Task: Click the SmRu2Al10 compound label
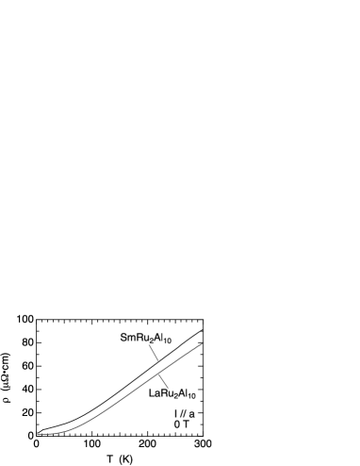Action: [146, 338]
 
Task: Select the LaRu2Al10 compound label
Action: [172, 393]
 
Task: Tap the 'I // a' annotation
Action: [185, 414]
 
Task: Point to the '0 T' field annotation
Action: [183, 425]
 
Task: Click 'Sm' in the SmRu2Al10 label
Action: [127, 337]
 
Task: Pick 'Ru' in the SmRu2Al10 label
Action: [141, 337]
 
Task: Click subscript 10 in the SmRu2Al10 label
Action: [168, 341]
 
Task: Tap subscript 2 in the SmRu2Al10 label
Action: [151, 341]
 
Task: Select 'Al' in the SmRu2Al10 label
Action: [158, 337]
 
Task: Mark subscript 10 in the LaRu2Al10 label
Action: [191, 397]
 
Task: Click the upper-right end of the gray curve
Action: [202, 343]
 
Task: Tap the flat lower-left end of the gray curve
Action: [40, 434]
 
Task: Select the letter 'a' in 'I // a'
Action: [192, 414]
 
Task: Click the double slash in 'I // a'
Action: [183, 414]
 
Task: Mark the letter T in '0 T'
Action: [188, 425]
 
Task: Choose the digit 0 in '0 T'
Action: [178, 425]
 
